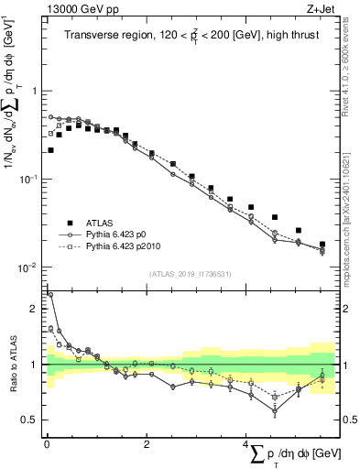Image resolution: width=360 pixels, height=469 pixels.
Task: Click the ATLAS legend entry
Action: (x=103, y=223)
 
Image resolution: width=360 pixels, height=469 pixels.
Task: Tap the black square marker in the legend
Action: (x=69, y=223)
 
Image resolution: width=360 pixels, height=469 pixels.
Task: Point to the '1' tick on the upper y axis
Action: (x=35, y=91)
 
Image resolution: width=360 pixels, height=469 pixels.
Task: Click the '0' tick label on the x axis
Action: (x=47, y=445)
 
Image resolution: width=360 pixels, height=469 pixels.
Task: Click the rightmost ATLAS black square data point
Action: (x=322, y=245)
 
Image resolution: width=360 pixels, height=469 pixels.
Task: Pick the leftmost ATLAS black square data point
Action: (x=50, y=150)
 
